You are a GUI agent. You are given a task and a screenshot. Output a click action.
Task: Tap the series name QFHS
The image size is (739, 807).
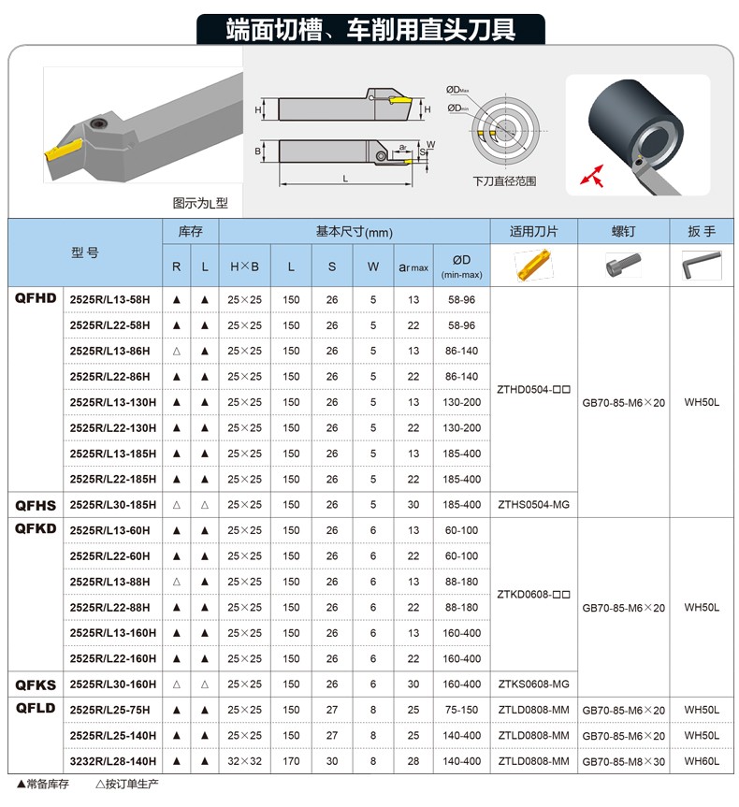coord(36,505)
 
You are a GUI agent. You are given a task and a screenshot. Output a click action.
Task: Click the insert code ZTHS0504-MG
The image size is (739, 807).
coord(533,505)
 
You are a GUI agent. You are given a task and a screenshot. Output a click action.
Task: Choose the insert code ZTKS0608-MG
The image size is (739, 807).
coord(533,685)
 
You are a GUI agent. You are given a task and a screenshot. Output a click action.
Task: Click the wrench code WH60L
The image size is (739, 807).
coord(701,761)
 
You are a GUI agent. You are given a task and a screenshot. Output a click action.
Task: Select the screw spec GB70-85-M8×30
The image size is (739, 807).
coord(623,761)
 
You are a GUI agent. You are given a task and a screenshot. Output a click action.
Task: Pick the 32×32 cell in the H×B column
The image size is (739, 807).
coord(245,761)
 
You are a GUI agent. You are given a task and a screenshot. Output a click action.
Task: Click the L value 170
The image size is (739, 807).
coord(292,761)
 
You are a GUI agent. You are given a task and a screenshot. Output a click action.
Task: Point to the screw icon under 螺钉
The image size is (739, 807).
coord(623,267)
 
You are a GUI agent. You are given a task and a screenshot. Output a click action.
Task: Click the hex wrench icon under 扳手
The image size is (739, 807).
coord(701,267)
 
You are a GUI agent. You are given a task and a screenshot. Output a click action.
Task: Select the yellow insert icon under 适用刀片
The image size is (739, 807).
coord(533,267)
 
